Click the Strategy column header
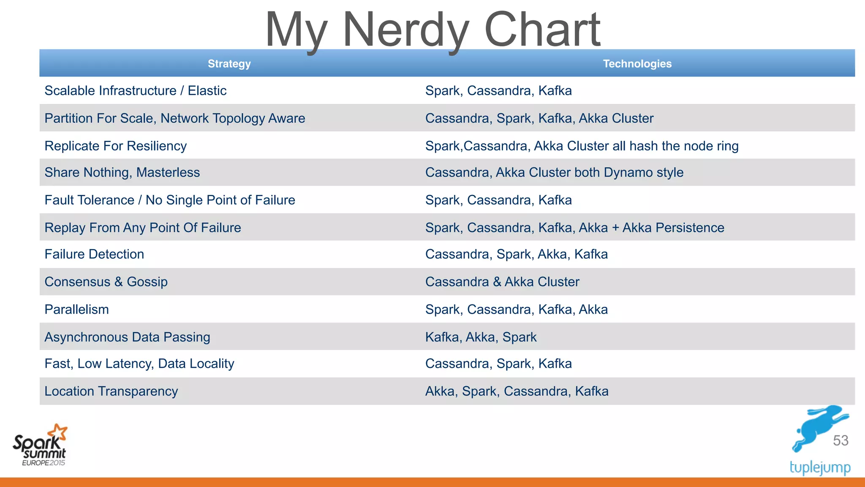tap(229, 64)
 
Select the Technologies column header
tap(637, 64)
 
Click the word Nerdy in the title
tap(406, 30)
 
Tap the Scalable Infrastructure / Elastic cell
tap(136, 90)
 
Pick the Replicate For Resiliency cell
tap(115, 146)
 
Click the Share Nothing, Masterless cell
tap(122, 172)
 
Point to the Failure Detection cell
tap(94, 254)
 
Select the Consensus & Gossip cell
tap(106, 282)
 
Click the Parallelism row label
tap(76, 309)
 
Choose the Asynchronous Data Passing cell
tap(127, 337)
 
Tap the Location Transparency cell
tap(111, 391)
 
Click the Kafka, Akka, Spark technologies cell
tap(481, 337)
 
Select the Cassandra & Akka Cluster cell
tap(502, 282)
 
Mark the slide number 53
tap(841, 440)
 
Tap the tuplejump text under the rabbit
tap(820, 468)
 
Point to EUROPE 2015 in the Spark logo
tap(44, 463)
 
